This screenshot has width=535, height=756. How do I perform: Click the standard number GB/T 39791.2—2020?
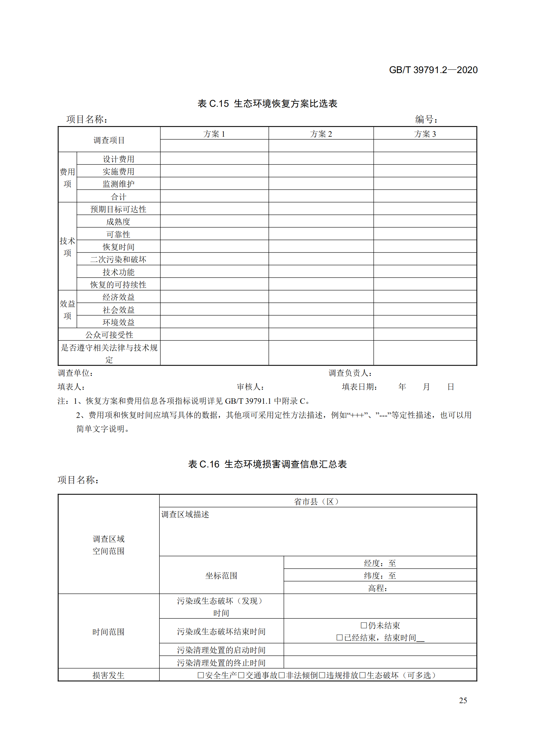pyautogui.click(x=433, y=70)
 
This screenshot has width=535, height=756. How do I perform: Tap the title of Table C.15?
pyautogui.click(x=267, y=103)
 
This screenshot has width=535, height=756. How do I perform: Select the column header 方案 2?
pyautogui.click(x=321, y=134)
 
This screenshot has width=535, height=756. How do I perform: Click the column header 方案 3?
pyautogui.click(x=425, y=134)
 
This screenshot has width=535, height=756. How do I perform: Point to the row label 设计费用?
pyautogui.click(x=118, y=159)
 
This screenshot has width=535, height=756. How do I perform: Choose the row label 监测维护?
pyautogui.click(x=118, y=184)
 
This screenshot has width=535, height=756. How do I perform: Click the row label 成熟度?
pyautogui.click(x=118, y=222)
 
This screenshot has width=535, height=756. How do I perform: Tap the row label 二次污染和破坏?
pyautogui.click(x=118, y=259)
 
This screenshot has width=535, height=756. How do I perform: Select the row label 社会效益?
pyautogui.click(x=118, y=310)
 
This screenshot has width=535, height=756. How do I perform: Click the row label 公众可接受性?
pyautogui.click(x=109, y=335)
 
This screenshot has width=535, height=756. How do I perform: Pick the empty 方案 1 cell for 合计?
pyautogui.click(x=214, y=196)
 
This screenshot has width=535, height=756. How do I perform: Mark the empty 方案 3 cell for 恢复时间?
pyautogui.click(x=425, y=246)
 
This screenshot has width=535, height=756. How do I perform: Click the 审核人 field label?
pyautogui.click(x=250, y=387)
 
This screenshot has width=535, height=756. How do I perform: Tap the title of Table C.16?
pyautogui.click(x=267, y=464)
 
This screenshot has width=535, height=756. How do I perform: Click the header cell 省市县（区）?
pyautogui.click(x=318, y=501)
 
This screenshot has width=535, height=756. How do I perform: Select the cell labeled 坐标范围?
pyautogui.click(x=221, y=576)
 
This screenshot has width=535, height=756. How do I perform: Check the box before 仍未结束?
pyautogui.click(x=364, y=625)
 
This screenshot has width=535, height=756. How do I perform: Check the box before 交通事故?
pyautogui.click(x=241, y=675)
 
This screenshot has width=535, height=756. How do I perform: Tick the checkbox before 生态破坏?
pyautogui.click(x=363, y=675)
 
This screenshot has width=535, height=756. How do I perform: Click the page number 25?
pyautogui.click(x=463, y=700)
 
